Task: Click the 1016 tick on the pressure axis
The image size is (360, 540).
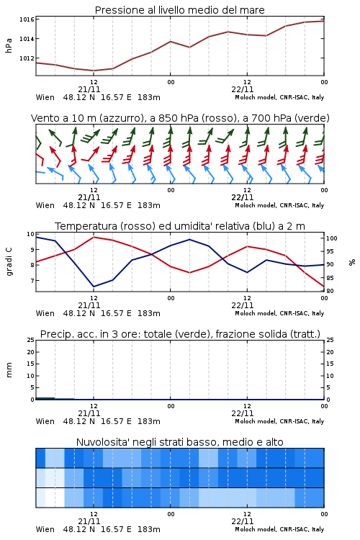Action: [27, 19]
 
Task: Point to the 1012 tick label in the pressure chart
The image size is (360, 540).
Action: [27, 58]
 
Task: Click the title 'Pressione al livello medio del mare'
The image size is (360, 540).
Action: [180, 10]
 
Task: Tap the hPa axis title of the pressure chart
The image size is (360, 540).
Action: [9, 45]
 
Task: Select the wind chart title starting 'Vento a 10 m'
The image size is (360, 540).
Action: [180, 119]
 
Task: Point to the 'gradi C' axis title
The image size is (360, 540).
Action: [9, 262]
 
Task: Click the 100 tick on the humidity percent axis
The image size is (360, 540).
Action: [332, 238]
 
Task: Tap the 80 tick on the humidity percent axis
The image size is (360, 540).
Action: [330, 291]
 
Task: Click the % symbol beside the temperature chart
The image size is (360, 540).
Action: [352, 262]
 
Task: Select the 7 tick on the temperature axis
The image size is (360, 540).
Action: [32, 281]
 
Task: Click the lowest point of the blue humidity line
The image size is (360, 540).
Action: [94, 287]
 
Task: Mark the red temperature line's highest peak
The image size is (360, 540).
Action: [94, 237]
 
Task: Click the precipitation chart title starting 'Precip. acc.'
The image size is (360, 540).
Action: [180, 334]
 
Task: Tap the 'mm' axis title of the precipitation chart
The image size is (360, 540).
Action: [9, 370]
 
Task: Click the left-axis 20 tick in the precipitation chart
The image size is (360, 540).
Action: [31, 352]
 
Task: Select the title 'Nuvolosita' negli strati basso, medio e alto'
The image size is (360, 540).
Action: [180, 442]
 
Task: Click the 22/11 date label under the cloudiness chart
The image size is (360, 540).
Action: [243, 521]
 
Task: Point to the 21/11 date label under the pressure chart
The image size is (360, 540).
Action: [89, 89]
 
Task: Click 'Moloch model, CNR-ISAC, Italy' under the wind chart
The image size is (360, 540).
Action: [279, 206]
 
